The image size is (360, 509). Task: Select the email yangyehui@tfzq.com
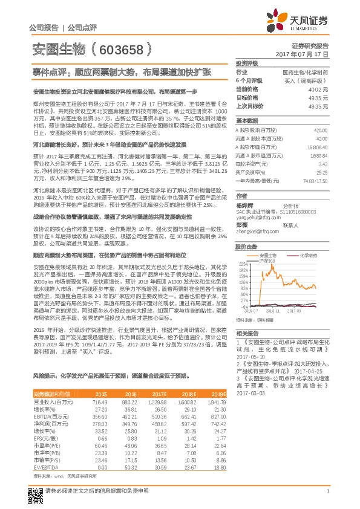(256, 218)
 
